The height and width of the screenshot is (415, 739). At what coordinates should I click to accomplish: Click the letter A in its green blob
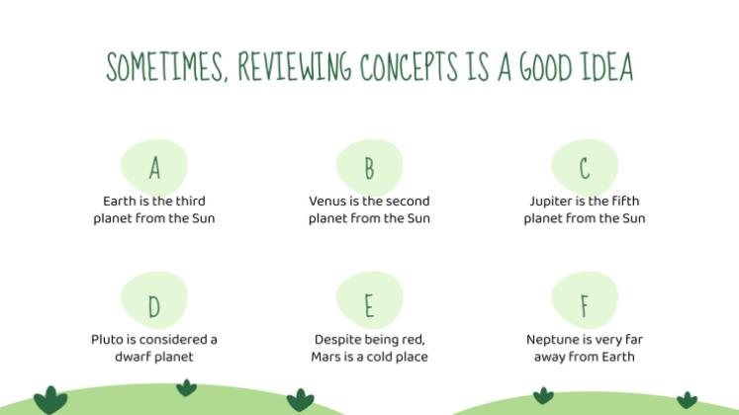coord(154,169)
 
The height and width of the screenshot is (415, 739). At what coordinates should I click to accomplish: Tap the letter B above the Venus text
coord(369,169)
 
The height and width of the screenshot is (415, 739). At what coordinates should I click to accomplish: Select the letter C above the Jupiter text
coord(584,169)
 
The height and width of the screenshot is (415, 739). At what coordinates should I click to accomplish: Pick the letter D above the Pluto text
coord(154,307)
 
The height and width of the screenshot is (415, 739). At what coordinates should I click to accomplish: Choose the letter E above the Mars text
coord(369,307)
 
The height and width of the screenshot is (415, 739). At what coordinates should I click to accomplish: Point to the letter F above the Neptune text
coord(584,307)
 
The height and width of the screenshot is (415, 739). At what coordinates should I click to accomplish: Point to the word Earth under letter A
coord(120,202)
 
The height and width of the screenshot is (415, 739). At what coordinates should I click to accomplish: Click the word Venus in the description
coord(327,202)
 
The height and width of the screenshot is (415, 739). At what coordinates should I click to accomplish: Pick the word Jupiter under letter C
coord(550,202)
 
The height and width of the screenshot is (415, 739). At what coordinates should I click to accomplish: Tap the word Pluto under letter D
coord(108,339)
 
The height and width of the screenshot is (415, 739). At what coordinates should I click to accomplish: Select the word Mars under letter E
coord(327,357)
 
